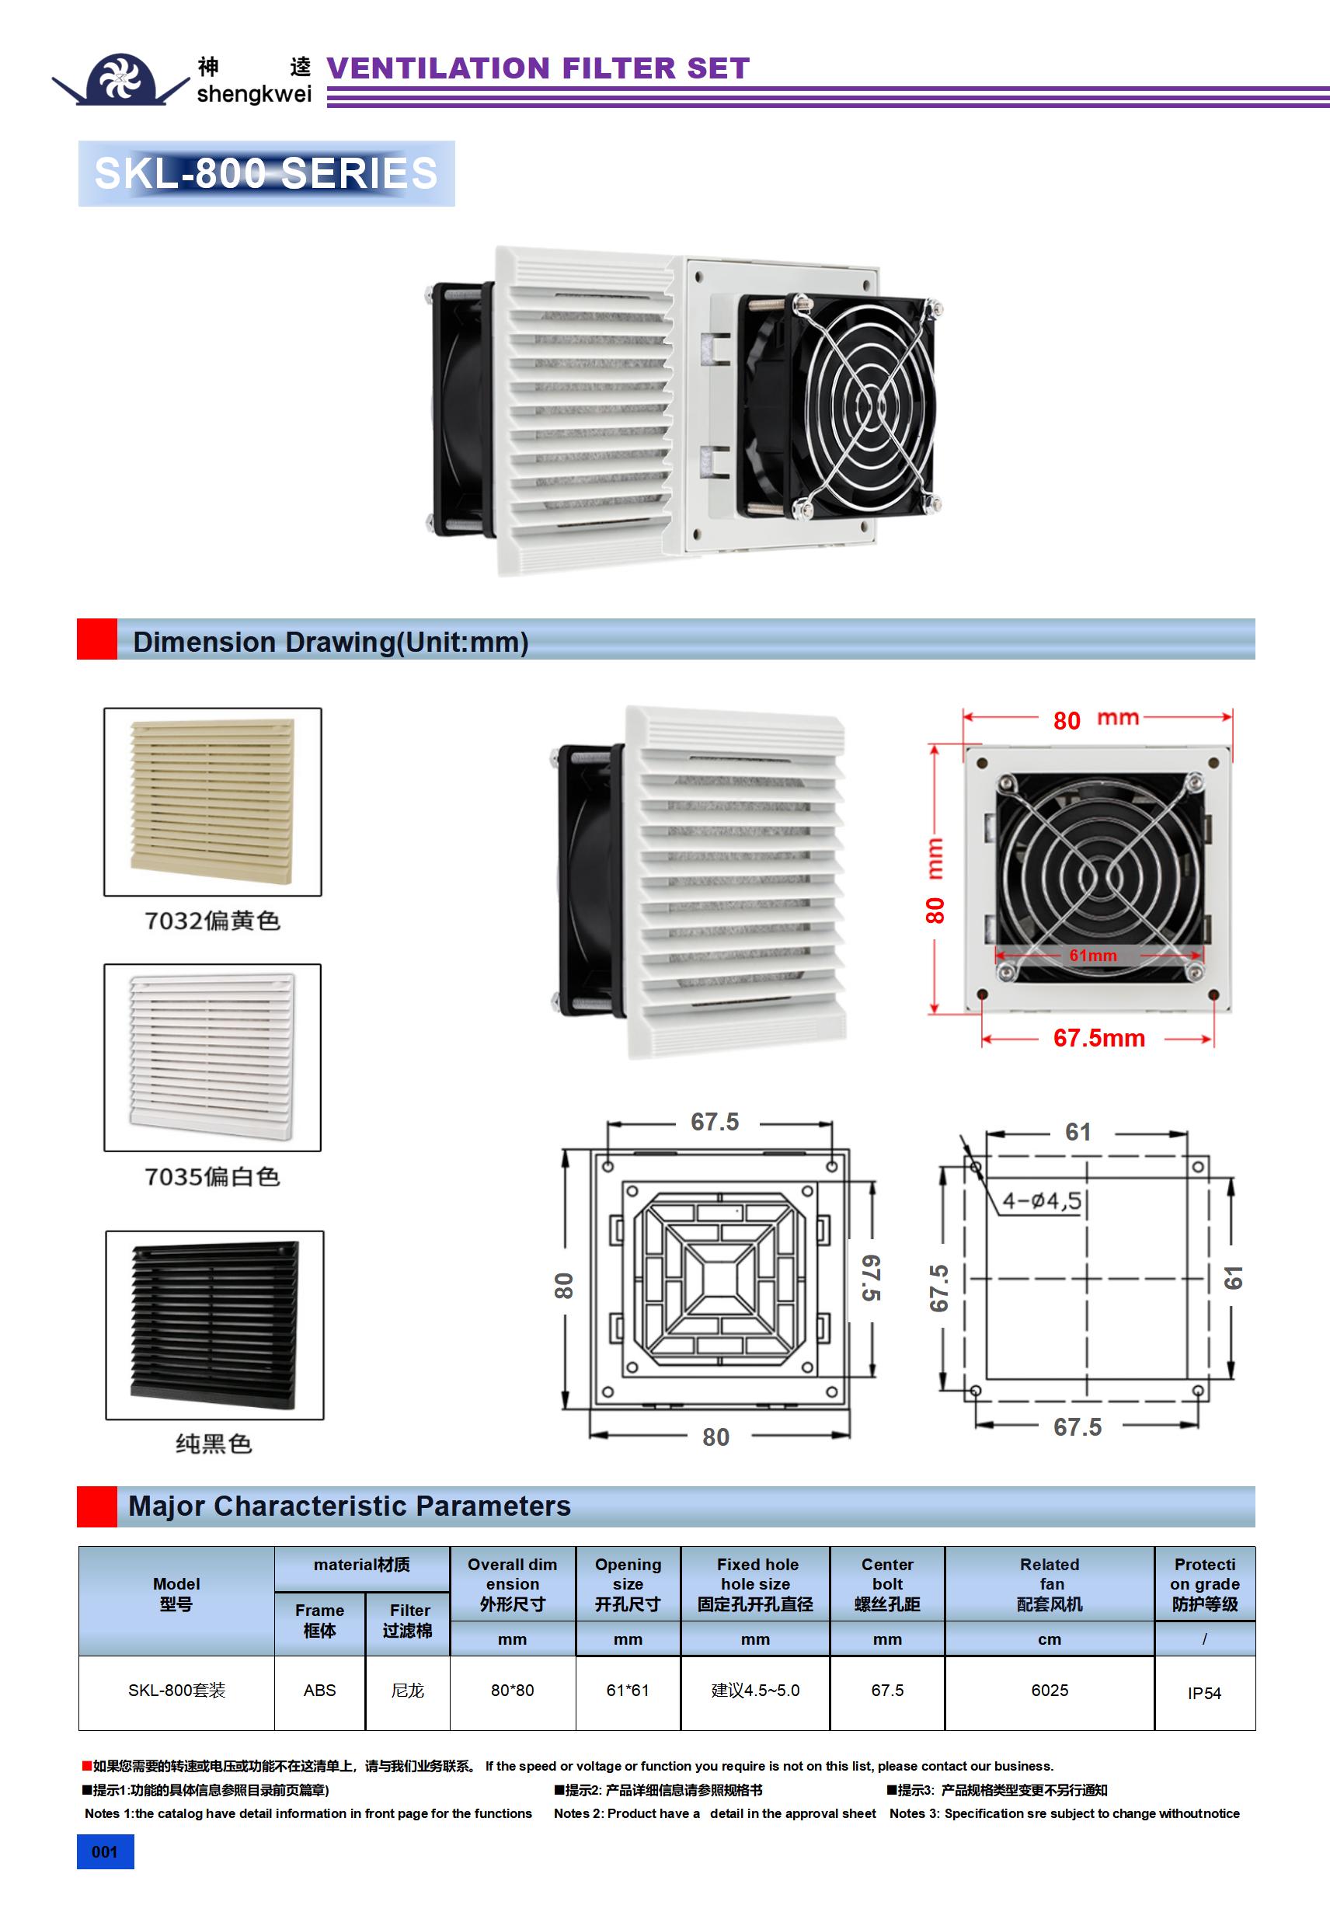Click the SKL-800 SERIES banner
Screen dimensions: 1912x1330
pyautogui.click(x=266, y=173)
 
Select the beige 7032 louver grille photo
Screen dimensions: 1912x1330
pyautogui.click(x=212, y=801)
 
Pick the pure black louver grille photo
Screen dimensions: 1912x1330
pyautogui.click(x=214, y=1324)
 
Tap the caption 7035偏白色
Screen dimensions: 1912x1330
pyautogui.click(x=212, y=1177)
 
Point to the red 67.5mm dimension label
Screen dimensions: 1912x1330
pyautogui.click(x=1098, y=1038)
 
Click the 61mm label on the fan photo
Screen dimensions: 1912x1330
pyautogui.click(x=1092, y=955)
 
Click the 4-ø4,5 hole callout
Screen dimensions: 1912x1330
pyautogui.click(x=1041, y=1201)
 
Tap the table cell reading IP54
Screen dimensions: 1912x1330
pyautogui.click(x=1203, y=1693)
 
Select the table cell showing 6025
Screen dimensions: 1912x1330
pyautogui.click(x=1049, y=1691)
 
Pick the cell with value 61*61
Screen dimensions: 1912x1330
pyautogui.click(x=627, y=1691)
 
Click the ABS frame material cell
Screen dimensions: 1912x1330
pyautogui.click(x=319, y=1691)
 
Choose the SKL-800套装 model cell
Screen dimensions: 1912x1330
pyautogui.click(x=176, y=1691)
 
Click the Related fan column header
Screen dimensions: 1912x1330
pyautogui.click(x=1050, y=1584)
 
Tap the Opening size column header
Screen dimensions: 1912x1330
pyautogui.click(x=627, y=1584)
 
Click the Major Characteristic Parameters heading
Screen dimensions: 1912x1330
pyautogui.click(x=350, y=1506)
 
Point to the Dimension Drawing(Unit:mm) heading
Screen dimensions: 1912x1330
pyautogui.click(x=331, y=641)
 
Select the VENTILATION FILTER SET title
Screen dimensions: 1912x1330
pyautogui.click(x=538, y=68)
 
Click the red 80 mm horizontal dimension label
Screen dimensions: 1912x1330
pyautogui.click(x=1095, y=719)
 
